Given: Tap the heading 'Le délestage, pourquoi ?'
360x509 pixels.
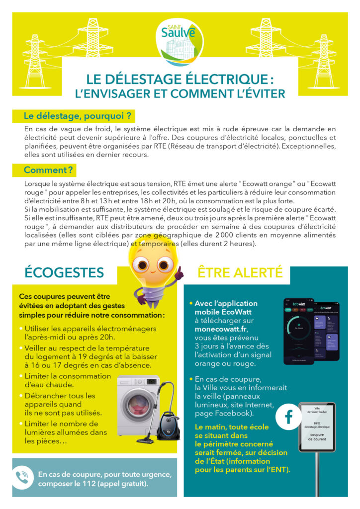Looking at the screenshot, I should (78, 116).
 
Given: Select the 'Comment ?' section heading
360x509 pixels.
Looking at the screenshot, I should (49, 170).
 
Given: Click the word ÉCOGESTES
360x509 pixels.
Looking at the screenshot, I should (64, 272).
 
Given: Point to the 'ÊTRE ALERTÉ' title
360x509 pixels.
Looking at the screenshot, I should (240, 272).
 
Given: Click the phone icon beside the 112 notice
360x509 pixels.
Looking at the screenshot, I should (23, 477).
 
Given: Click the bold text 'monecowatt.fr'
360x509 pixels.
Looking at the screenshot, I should (221, 329).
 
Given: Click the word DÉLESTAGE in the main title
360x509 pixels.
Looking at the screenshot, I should (151, 80).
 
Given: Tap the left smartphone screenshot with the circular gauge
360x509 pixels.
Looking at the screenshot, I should (298, 331).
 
